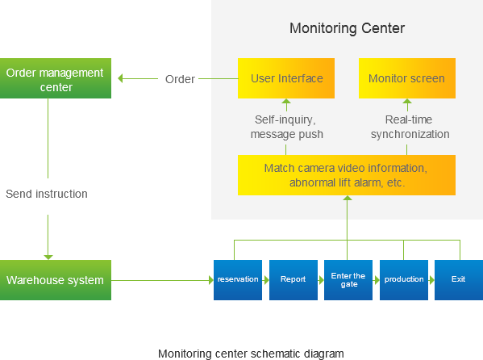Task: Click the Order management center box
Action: (56, 78)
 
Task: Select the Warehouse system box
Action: (56, 280)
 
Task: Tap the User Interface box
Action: (286, 78)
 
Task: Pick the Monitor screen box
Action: (407, 78)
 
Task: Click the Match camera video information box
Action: (347, 175)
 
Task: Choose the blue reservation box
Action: (238, 280)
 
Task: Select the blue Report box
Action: (294, 280)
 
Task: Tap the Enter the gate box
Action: (348, 280)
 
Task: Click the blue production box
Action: (404, 280)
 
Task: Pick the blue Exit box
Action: (459, 280)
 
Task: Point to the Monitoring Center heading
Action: (348, 28)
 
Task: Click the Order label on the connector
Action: (180, 79)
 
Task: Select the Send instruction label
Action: (47, 194)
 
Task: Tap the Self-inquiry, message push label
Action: (286, 127)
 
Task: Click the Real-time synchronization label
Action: (410, 127)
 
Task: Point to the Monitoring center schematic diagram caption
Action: (251, 354)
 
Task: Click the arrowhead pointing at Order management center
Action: (120, 78)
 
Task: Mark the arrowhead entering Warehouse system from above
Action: (48, 257)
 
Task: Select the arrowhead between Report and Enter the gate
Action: (321, 280)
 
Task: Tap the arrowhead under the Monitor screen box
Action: (407, 101)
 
